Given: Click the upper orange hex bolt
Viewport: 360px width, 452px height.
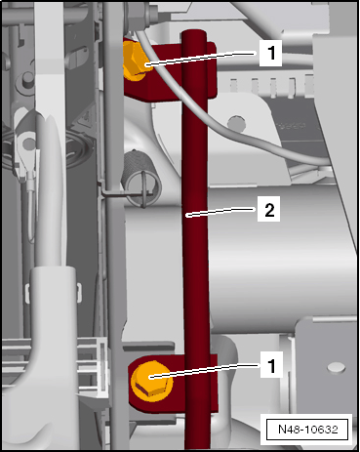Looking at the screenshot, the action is coord(134,62).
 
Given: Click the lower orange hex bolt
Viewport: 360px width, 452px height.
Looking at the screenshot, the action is coord(151,380).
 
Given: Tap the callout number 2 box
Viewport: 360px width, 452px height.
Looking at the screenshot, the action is coord(268,209).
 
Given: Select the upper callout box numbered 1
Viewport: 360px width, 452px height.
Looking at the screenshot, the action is coord(270,52).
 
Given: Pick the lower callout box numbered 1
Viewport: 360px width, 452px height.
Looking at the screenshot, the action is coord(271,365).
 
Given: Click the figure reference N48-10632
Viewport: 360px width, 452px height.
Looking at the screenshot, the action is coord(308,430).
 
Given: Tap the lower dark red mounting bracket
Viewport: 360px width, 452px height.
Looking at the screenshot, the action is coord(173,384).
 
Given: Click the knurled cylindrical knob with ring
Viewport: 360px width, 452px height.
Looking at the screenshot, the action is coord(140,174).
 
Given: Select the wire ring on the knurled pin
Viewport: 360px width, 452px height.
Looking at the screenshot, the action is coord(144,189).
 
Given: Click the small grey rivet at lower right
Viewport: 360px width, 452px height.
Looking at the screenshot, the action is coord(337,368).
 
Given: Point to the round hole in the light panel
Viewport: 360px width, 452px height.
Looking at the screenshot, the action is coord(236,123).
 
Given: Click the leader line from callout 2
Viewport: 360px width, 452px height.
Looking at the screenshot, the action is coord(221,212).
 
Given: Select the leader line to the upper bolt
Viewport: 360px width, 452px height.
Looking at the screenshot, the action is coord(202,59).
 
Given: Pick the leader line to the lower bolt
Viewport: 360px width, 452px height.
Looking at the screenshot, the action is coord(206,371).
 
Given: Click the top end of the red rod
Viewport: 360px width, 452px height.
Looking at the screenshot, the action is coord(194,31).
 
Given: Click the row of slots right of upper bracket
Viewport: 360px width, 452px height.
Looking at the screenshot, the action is coord(272,85).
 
